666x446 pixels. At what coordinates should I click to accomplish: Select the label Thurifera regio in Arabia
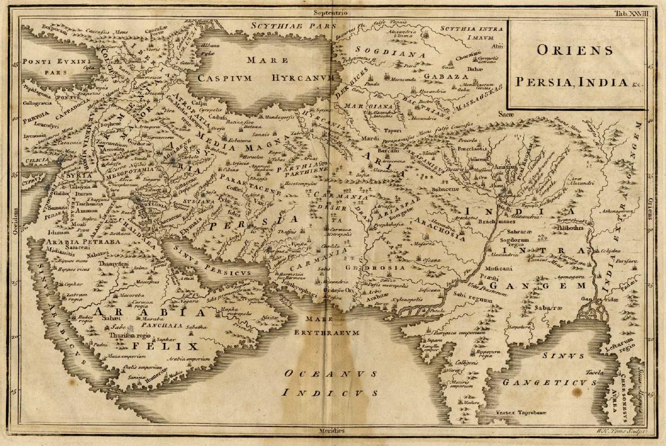128,334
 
